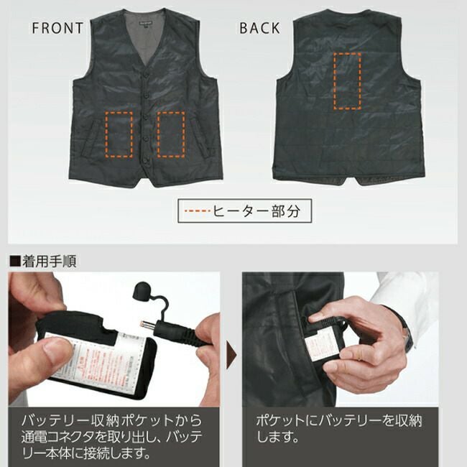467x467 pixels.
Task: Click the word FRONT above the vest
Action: click(x=57, y=29)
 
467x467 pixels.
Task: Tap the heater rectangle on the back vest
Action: click(x=348, y=80)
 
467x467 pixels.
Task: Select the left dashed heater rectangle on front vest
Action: click(x=119, y=134)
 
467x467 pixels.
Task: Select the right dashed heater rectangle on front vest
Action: click(x=171, y=134)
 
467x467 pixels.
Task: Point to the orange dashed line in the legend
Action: click(x=197, y=211)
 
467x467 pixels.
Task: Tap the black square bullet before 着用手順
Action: click(x=13, y=260)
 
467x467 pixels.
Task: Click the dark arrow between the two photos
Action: click(x=231, y=353)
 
